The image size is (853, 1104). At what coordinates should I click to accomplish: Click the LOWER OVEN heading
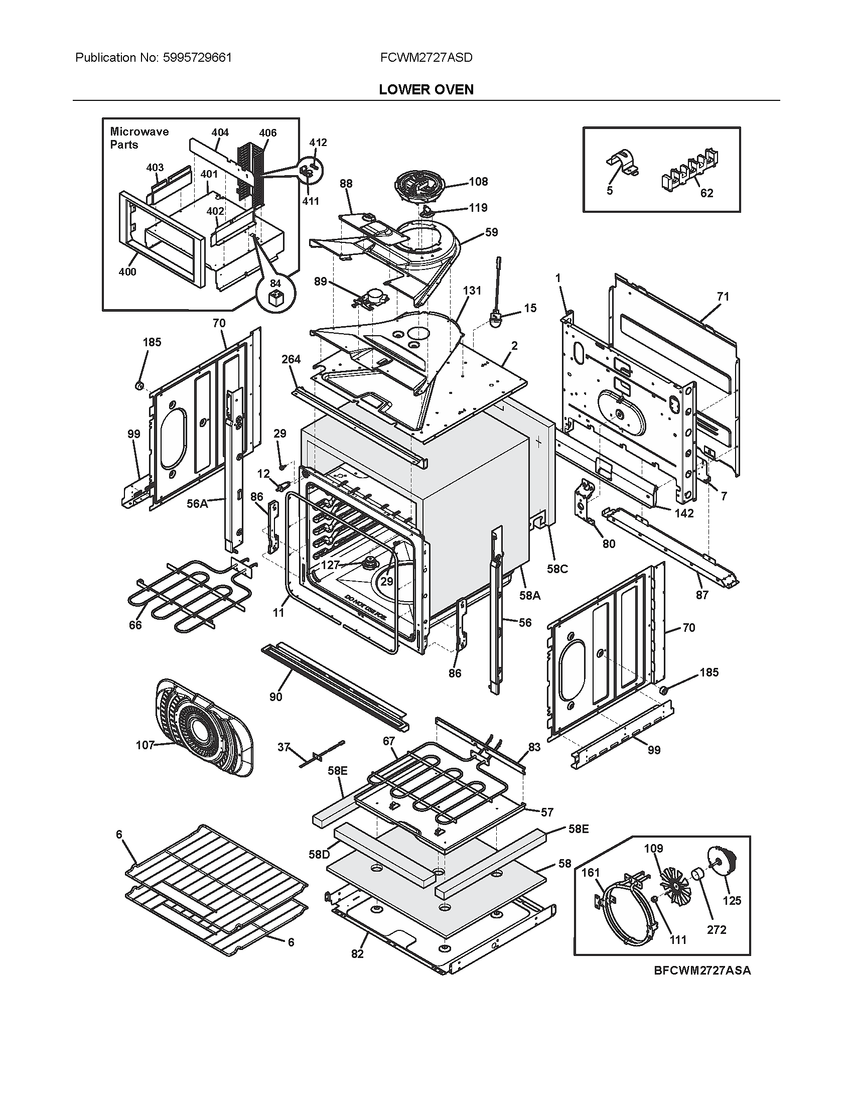click(x=426, y=89)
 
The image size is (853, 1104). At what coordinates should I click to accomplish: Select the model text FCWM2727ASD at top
click(x=426, y=58)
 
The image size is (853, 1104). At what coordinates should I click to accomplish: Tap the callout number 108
click(x=478, y=182)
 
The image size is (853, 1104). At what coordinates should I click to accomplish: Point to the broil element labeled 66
click(x=177, y=597)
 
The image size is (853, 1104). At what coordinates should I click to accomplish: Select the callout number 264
click(x=291, y=359)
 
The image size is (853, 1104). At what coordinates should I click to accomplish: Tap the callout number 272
click(x=717, y=929)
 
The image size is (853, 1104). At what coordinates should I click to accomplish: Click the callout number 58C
click(x=557, y=569)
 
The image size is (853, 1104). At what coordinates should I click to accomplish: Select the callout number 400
click(x=127, y=272)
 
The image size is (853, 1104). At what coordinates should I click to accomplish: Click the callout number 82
click(x=357, y=954)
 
